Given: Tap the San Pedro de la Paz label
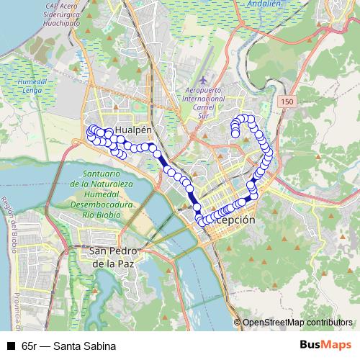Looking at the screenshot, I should pyautogui.click(x=110, y=257).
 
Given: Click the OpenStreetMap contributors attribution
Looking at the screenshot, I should pyautogui.click(x=297, y=323).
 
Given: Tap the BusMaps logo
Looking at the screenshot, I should pyautogui.click(x=325, y=345).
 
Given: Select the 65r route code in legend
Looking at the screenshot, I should pyautogui.click(x=29, y=346).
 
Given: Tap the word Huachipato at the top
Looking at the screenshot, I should pyautogui.click(x=71, y=22).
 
